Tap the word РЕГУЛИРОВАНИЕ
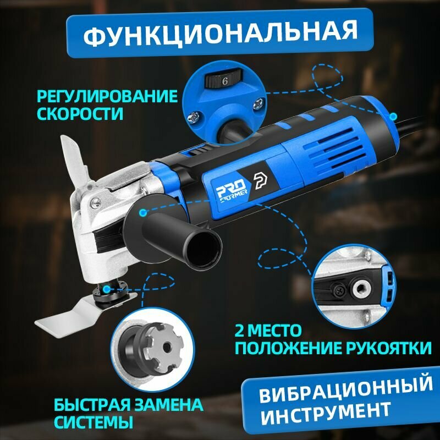pos(107,96)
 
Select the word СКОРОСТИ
pos(80,114)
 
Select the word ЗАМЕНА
pos(169,405)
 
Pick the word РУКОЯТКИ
pos(388,348)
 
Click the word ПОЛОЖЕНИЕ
pos(288,349)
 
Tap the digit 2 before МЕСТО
pos(240,331)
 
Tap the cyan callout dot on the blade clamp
pos(106,289)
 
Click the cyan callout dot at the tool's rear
pos(394,116)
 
